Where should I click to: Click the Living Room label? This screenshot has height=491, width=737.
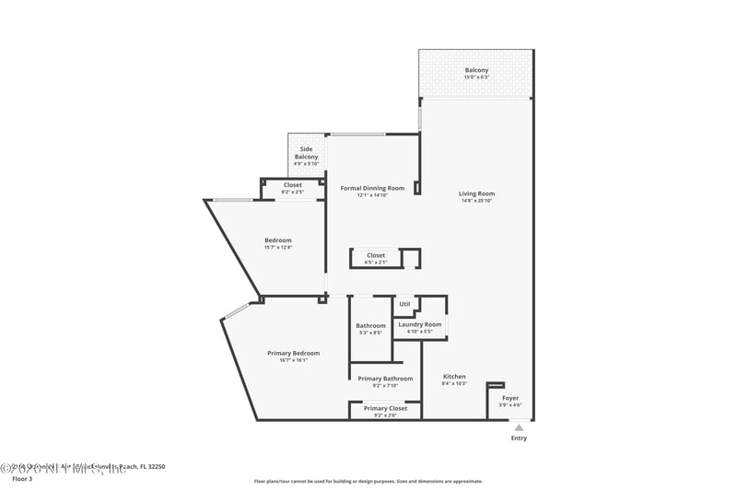[476, 193]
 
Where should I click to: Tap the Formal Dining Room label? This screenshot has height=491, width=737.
[372, 188]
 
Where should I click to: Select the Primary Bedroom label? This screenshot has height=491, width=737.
[293, 353]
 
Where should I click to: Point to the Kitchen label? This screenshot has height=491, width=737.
[454, 376]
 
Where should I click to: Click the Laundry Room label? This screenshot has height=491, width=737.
[419, 324]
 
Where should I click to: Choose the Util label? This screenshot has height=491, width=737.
[404, 303]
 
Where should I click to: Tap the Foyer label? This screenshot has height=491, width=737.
[509, 398]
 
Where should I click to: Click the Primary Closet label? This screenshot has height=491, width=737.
[385, 408]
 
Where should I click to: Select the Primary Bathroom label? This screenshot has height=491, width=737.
[385, 379]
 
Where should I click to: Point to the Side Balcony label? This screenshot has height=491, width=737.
[306, 153]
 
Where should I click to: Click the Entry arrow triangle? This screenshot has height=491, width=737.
[519, 427]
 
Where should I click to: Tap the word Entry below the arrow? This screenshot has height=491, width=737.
[519, 438]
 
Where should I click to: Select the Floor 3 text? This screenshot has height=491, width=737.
[21, 479]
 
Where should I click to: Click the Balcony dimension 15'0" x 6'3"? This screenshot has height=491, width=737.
[476, 77]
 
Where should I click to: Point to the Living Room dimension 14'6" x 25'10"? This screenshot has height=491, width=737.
[476, 201]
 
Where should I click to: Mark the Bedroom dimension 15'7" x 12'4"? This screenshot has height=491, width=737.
[277, 247]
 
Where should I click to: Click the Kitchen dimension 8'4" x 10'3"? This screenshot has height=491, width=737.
[454, 383]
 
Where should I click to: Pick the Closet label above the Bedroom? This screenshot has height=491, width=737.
[292, 184]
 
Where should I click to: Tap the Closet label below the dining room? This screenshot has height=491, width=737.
[376, 255]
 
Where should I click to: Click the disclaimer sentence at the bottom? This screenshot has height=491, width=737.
[368, 481]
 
